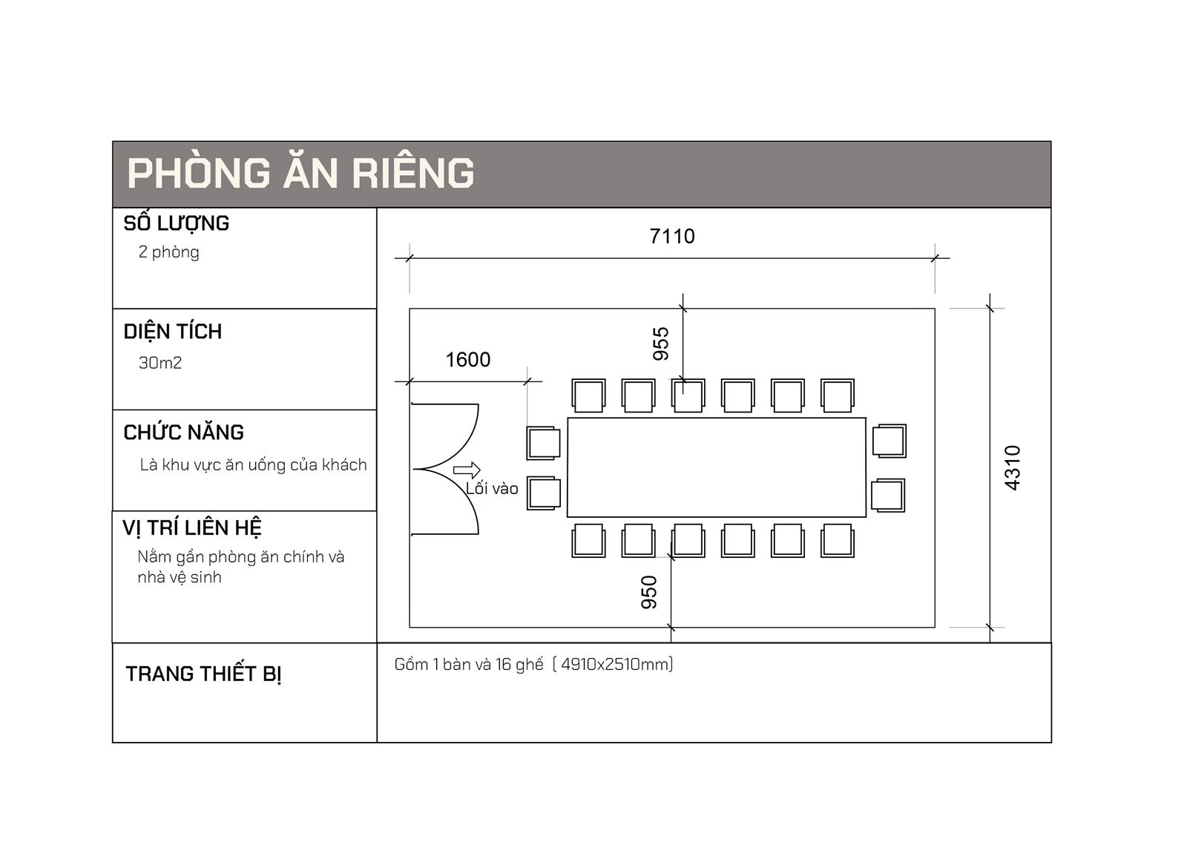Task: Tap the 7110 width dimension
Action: pos(672,237)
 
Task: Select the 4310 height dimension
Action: pos(1012,468)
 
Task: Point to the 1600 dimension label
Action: pos(468,360)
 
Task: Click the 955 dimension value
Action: pos(661,344)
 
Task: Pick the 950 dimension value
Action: pos(649,593)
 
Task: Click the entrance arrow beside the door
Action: pos(467,470)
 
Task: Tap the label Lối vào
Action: pos(492,488)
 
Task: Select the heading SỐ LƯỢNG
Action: pos(177,223)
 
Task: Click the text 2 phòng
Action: pos(168,252)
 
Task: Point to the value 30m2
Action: pos(160,363)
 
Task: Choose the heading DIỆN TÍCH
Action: pos(173,332)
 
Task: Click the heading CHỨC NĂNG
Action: pos(183,433)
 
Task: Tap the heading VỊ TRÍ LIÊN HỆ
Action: pos(192,528)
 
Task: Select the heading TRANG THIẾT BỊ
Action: pos(203,674)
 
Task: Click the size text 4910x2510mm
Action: pos(613,664)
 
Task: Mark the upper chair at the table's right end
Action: pos(890,441)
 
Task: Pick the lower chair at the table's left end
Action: pos(544,493)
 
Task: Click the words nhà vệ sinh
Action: pos(179,577)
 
